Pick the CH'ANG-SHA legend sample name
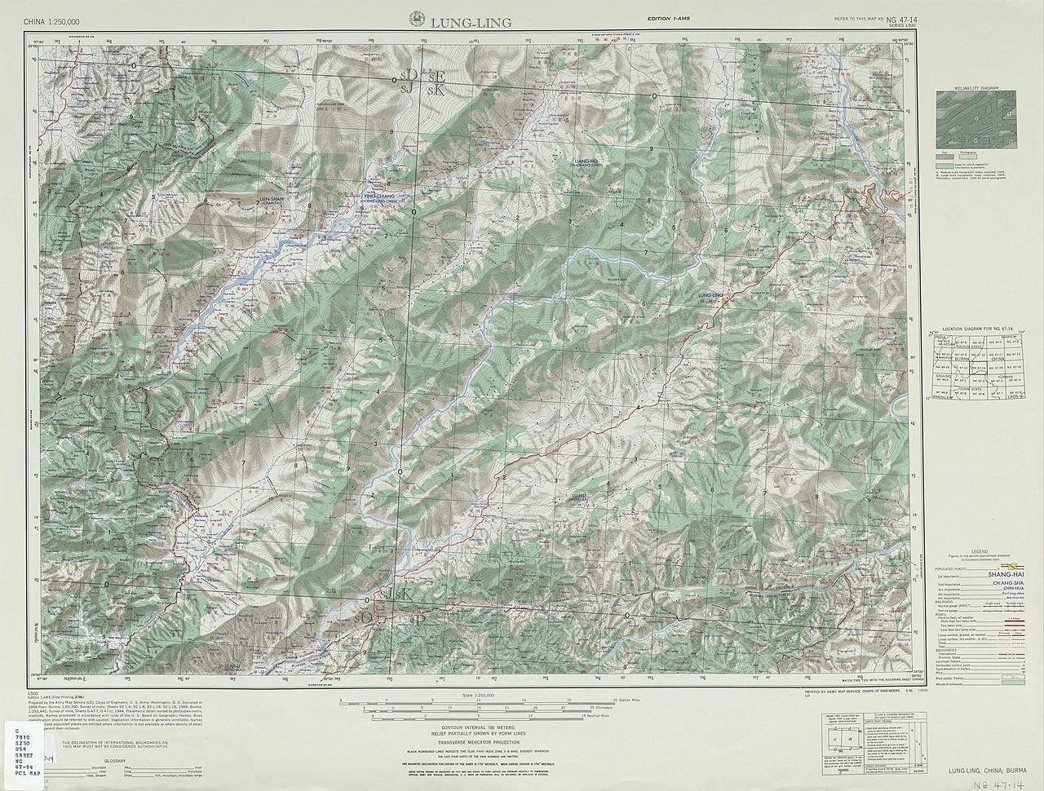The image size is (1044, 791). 1010,584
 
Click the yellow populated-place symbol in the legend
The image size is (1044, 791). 1015,565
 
